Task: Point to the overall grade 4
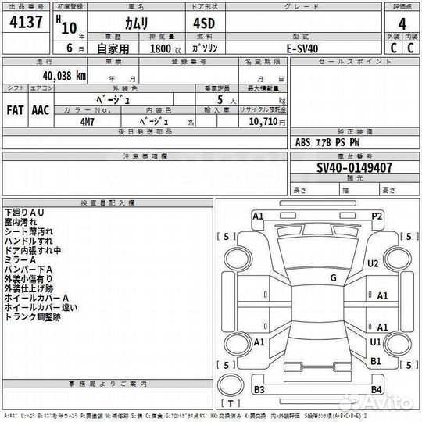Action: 402,23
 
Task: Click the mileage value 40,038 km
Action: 59,76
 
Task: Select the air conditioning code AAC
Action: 40,110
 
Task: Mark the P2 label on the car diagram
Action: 377,215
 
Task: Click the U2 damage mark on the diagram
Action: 374,263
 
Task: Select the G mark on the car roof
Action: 333,277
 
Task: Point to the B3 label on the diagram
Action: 260,389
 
